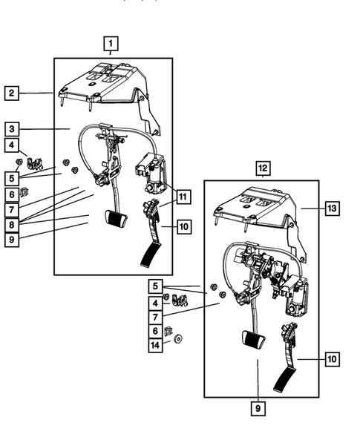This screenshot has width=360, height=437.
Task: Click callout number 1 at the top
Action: point(111,42)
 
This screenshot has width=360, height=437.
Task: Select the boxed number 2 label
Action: point(12,93)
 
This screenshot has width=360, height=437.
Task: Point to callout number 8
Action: point(12,224)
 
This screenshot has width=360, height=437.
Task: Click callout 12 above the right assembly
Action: point(262,168)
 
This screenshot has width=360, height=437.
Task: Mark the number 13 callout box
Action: point(332,208)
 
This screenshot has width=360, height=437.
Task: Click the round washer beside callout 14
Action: point(179,341)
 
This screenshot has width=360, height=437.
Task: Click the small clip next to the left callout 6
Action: point(24,192)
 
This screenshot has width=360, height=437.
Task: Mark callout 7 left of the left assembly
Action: point(12,210)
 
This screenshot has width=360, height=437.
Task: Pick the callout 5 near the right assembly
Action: point(155,286)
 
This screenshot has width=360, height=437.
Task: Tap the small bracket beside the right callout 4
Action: point(179,300)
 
